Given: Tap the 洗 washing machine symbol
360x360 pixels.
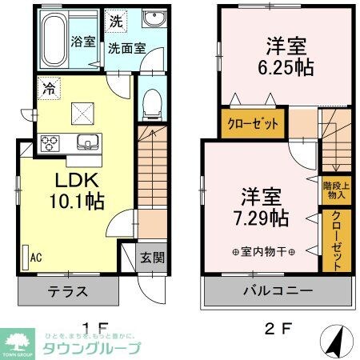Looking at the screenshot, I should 117,19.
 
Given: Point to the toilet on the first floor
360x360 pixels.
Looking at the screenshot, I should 150,102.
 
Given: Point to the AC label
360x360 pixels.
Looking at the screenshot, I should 36,258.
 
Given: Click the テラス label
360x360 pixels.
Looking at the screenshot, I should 67,290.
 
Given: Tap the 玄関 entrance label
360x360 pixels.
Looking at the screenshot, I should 154,258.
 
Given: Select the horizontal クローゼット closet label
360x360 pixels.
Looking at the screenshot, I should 253,125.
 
